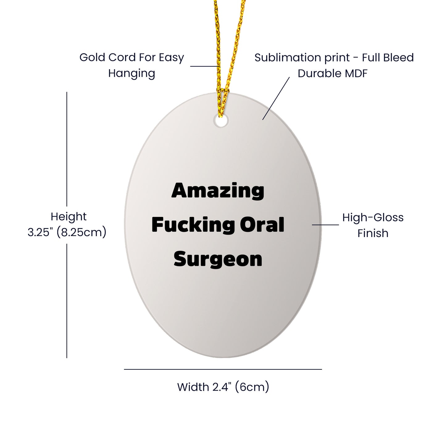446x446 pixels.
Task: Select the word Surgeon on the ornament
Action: point(218,259)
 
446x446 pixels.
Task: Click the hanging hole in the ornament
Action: point(221,121)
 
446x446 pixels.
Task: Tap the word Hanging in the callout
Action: point(131,73)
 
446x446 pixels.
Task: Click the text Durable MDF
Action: point(332,73)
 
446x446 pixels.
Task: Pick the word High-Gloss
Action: point(373,218)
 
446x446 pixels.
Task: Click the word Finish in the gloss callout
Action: point(373,233)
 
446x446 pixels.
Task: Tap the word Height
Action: point(69,217)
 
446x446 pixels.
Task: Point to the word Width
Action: point(193,387)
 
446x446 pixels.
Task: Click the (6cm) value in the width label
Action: point(252,387)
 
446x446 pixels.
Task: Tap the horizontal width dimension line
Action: point(223,369)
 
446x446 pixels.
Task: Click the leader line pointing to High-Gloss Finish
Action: point(325,224)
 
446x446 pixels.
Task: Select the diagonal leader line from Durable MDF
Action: point(276,98)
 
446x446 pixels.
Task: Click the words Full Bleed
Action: point(388,57)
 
